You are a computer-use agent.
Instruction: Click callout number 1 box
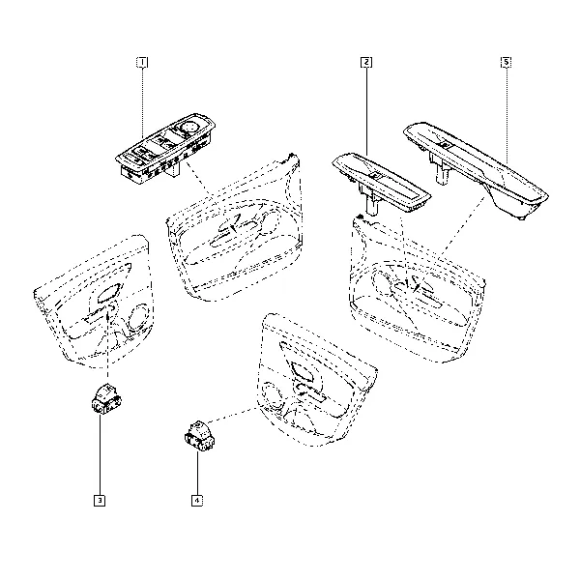[142, 62]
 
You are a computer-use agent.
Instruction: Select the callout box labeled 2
[366, 62]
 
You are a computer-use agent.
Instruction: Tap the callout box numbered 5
[506, 62]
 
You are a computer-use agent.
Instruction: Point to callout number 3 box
[100, 501]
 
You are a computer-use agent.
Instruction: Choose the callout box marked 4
[197, 501]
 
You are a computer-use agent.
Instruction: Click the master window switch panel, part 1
[165, 149]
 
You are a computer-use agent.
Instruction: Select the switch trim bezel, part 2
[381, 183]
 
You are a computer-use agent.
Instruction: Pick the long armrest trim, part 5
[477, 169]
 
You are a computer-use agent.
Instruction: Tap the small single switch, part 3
[106, 398]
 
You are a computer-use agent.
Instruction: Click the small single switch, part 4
[200, 436]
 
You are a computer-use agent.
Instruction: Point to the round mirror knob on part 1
[191, 128]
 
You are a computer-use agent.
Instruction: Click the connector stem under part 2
[372, 205]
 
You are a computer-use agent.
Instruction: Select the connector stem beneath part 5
[443, 173]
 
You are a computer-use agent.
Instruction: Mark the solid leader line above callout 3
[100, 454]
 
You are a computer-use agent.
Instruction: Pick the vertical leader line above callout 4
[197, 474]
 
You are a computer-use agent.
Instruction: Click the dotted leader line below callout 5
[506, 116]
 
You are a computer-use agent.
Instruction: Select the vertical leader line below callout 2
[366, 111]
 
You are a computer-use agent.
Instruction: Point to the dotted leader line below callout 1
[142, 103]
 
